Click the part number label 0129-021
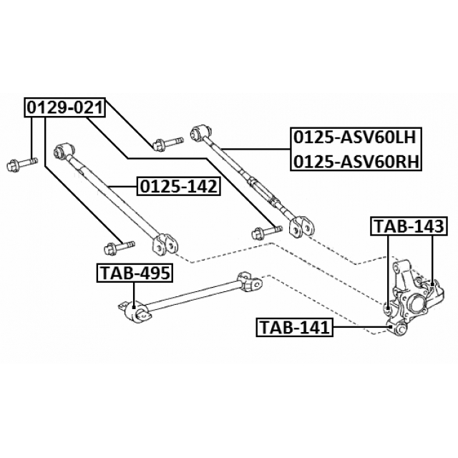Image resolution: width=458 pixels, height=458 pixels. click(65, 107)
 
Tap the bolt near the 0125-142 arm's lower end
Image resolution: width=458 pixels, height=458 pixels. click(116, 248)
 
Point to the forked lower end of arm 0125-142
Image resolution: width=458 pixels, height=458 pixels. click(167, 242)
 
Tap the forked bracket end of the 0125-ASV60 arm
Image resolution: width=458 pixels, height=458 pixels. click(300, 225)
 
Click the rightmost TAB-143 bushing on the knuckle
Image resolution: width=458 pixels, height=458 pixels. click(432, 288)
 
